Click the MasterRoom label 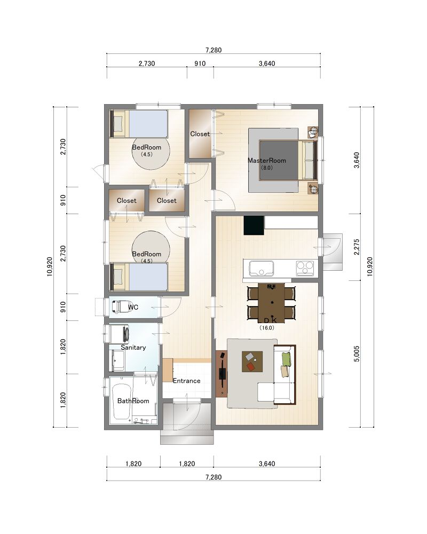267,160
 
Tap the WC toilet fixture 119,307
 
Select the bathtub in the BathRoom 121,402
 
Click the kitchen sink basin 262,268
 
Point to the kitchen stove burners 305,268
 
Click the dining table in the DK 271,302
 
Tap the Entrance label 187,381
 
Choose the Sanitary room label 133,348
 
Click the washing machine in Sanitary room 119,334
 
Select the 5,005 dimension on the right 357,354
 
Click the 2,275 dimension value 357,247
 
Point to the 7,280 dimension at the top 213,50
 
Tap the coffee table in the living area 252,362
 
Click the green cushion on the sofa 287,359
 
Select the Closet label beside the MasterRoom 200,134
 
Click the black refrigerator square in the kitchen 254,225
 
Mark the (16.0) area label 267,328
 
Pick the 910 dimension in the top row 200,64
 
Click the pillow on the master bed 309,160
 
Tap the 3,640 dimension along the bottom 267,464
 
